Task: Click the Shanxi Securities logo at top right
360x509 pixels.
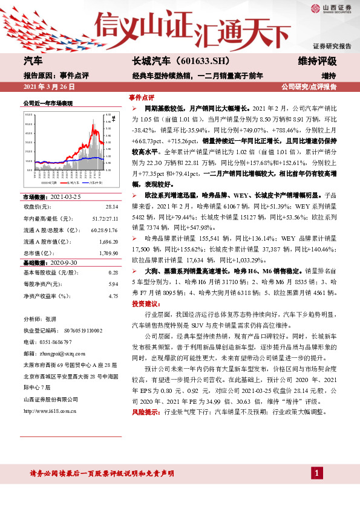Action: pos(331,8)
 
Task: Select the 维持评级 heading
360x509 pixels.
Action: pos(317,62)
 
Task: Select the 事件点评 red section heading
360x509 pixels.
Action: pos(142,97)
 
